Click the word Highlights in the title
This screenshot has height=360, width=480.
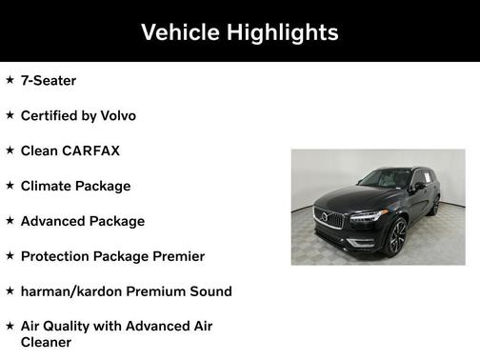point(281,32)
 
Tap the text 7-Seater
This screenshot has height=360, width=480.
point(48,81)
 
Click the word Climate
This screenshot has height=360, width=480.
point(48,187)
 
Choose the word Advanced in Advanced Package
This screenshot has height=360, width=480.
point(55,222)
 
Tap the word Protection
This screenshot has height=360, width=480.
point(58,256)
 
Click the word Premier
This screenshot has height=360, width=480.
point(175,256)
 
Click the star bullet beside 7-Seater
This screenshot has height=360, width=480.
point(10,80)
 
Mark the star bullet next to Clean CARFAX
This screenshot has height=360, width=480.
point(10,150)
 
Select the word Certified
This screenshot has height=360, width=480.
point(51,116)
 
